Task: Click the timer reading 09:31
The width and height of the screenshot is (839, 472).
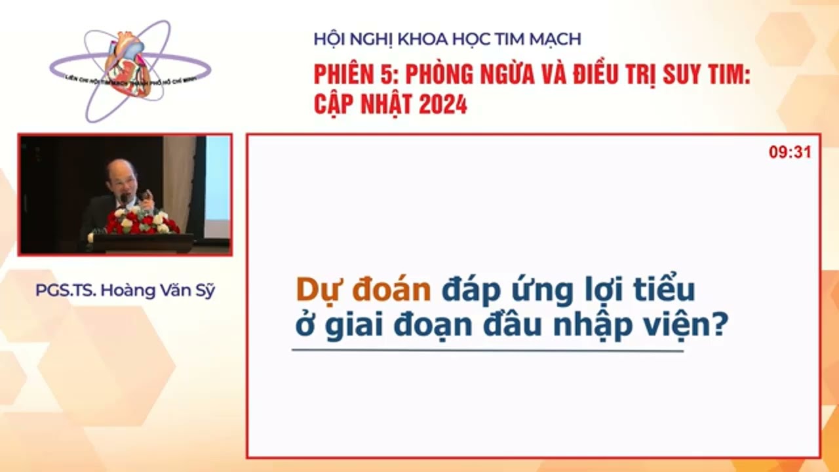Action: click(x=790, y=152)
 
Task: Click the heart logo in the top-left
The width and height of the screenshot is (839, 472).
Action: click(x=130, y=66)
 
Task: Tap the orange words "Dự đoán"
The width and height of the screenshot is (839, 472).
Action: click(x=362, y=289)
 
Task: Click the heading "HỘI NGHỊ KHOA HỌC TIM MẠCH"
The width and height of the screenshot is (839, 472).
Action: click(x=447, y=39)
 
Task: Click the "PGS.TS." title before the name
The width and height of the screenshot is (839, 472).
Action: click(x=65, y=290)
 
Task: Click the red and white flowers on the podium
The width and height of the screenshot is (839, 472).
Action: click(x=141, y=222)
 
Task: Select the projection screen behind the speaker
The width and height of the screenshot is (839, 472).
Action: click(x=217, y=187)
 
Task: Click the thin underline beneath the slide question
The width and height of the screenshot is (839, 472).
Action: click(x=487, y=350)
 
